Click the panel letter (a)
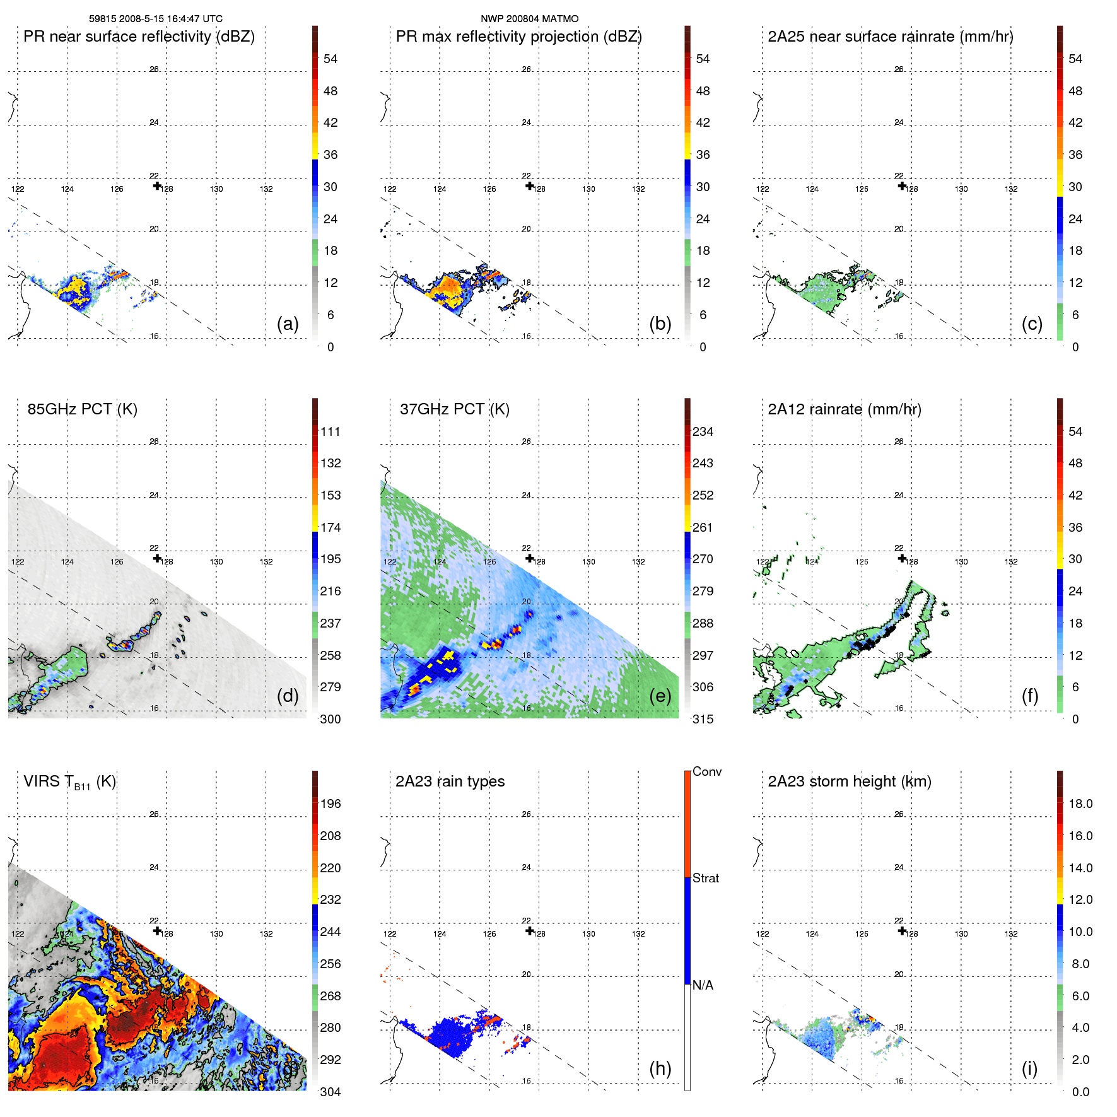point(287,324)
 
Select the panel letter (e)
point(660,696)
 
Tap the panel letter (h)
point(660,1068)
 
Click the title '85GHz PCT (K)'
point(82,409)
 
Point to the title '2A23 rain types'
point(450,781)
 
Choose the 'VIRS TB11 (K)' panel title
point(69,782)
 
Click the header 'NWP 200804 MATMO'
point(529,19)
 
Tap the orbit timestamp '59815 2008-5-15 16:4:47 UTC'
point(156,19)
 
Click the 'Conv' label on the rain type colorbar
point(706,771)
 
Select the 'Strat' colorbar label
point(705,878)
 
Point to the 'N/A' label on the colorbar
point(703,985)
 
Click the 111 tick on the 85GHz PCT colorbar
point(330,431)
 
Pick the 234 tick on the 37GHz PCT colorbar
point(703,431)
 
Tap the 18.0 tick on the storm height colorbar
point(1080,804)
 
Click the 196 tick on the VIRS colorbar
point(330,804)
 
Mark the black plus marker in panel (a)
point(157,185)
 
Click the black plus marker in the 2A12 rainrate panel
point(902,558)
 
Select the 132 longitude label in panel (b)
point(638,189)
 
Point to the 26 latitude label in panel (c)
point(899,69)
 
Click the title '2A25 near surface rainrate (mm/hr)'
point(890,37)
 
